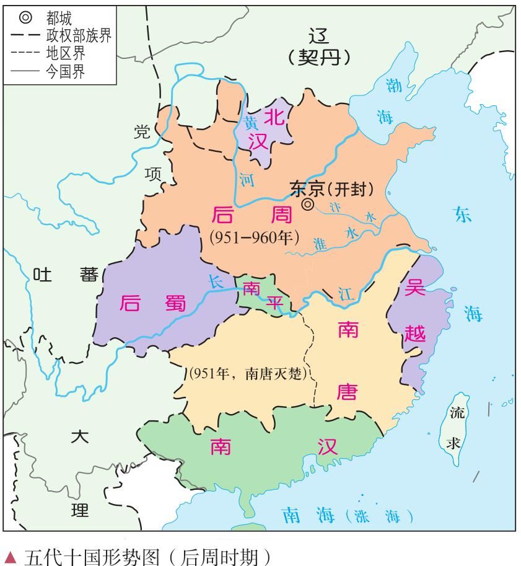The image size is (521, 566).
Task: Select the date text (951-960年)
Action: click(255, 237)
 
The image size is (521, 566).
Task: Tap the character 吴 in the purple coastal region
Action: click(414, 288)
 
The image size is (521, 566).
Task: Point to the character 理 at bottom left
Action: click(80, 510)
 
